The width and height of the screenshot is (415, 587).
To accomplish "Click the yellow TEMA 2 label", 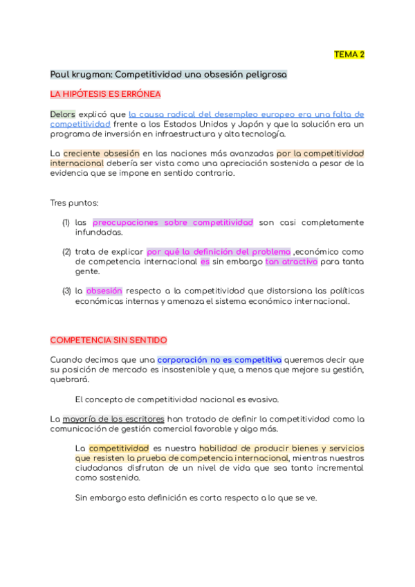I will point(349,54).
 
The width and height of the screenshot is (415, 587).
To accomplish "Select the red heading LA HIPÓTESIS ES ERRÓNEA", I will point(106,93).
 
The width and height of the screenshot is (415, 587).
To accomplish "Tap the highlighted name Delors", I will point(63,114).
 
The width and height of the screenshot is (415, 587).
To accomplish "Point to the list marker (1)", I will point(66,222).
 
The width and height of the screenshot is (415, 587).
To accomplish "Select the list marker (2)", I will point(66,252).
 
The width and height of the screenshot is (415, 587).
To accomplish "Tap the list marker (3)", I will point(66,291).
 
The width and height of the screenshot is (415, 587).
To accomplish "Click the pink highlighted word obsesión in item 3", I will point(104,291).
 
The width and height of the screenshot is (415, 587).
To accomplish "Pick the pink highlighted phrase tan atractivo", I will point(291,262).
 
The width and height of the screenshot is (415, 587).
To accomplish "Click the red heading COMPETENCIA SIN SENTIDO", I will point(109,340).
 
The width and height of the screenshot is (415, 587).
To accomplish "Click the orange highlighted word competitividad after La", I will point(119,448).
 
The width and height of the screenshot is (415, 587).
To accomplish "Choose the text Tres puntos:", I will point(74,203).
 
